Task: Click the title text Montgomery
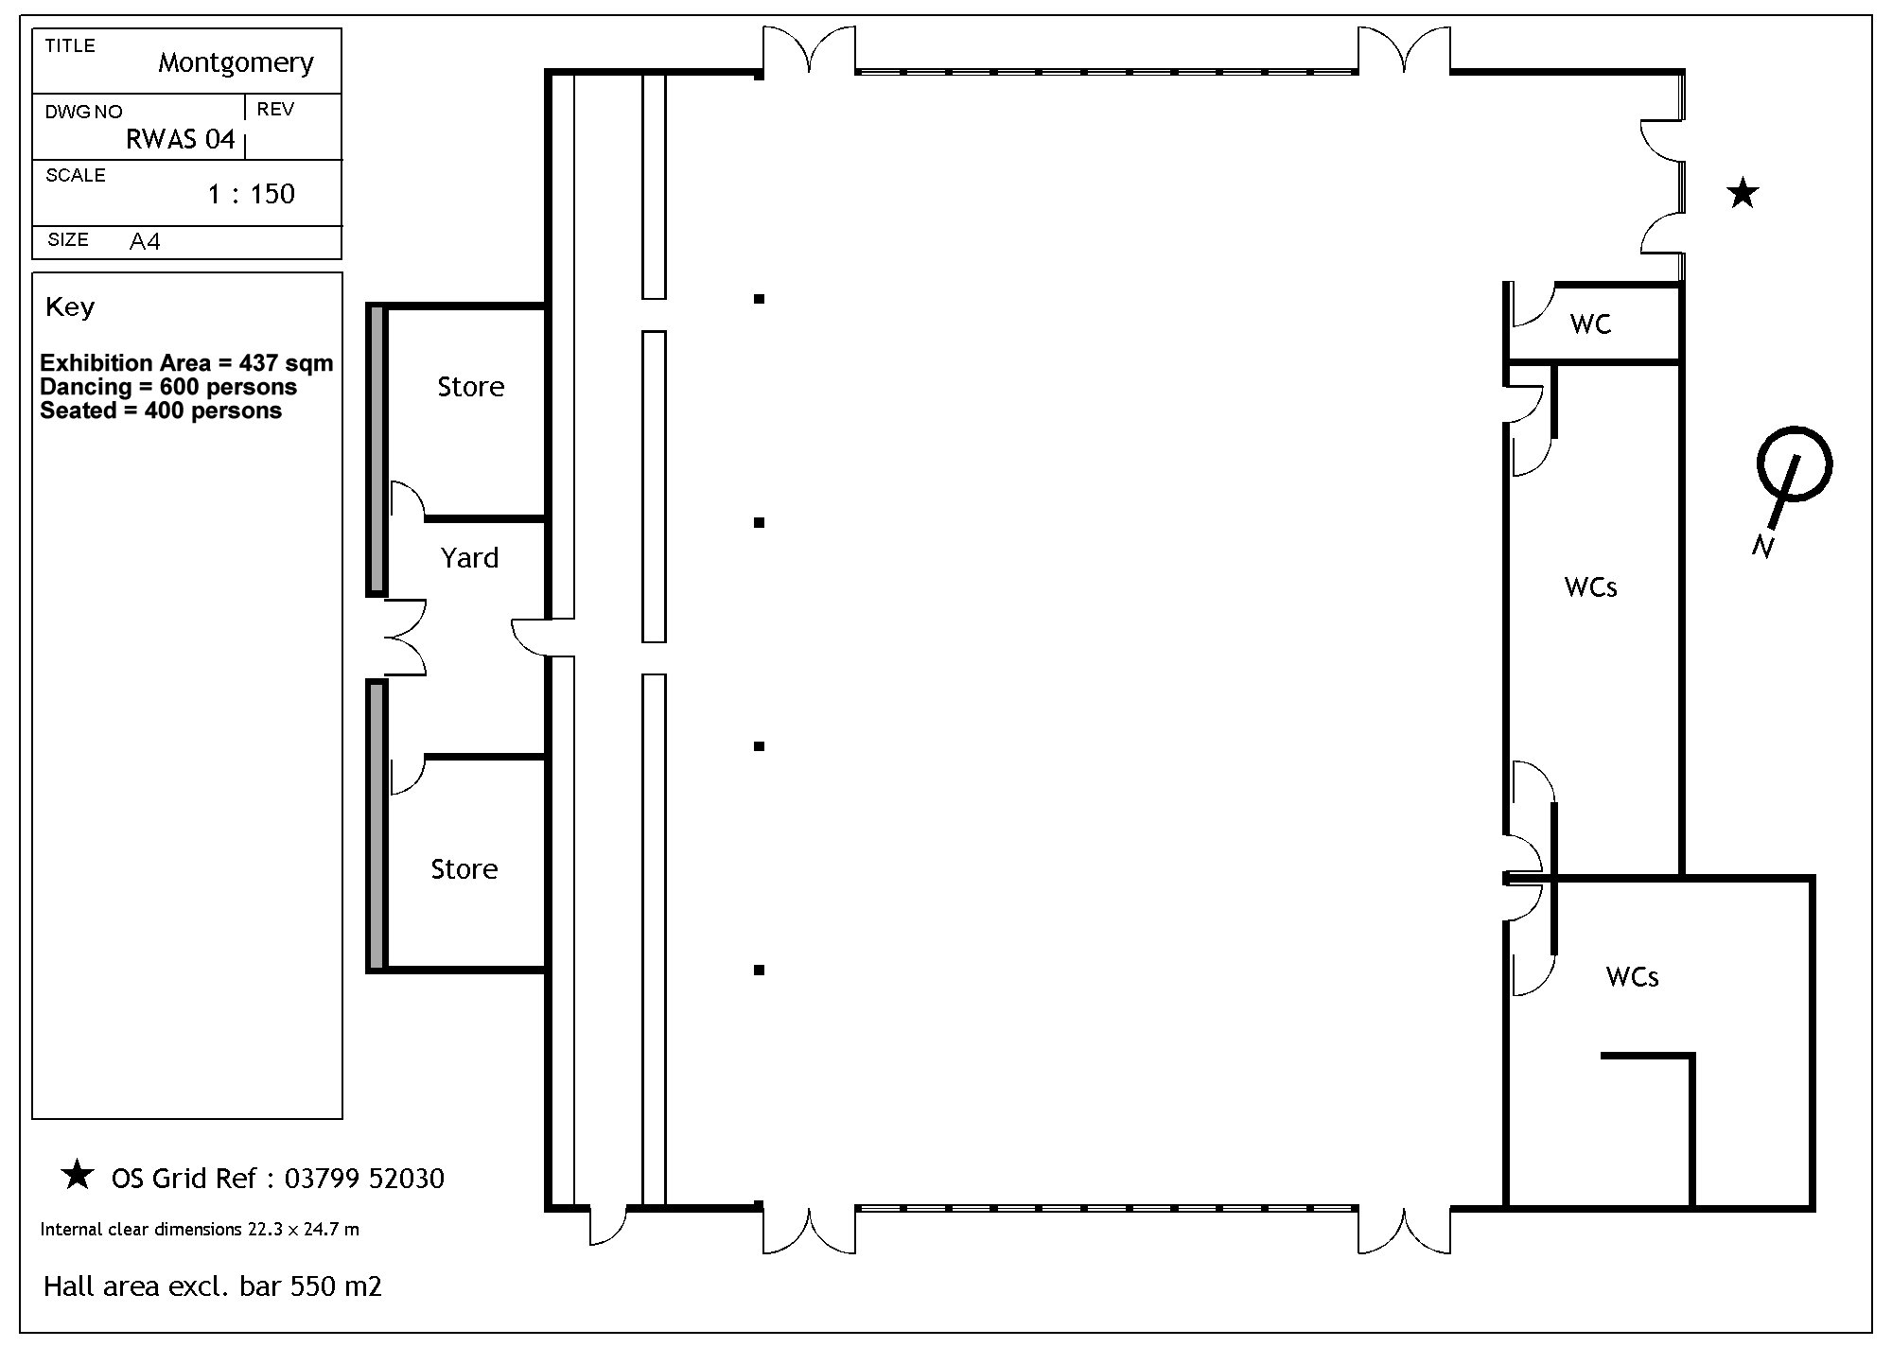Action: tap(236, 63)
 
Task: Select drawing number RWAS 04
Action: tap(180, 140)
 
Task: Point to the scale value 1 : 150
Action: tap(252, 194)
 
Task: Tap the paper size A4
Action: tap(145, 242)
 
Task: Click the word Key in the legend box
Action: tap(70, 307)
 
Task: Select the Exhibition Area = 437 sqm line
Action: tap(186, 363)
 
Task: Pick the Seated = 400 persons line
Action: tap(161, 411)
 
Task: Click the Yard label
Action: tap(469, 558)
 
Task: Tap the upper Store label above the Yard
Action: tap(470, 387)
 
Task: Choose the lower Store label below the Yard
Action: tap(464, 869)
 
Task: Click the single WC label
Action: tap(1590, 324)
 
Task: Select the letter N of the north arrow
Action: tap(1761, 546)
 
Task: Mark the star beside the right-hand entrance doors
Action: tap(1743, 193)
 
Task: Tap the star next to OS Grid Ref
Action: tap(77, 1175)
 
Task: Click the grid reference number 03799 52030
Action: tap(364, 1179)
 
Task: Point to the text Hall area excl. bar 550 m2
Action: tap(213, 1286)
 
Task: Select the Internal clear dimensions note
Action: tap(200, 1230)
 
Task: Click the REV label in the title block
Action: tap(275, 110)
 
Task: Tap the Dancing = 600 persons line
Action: tap(168, 387)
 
